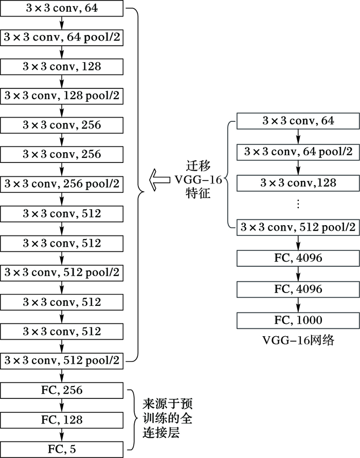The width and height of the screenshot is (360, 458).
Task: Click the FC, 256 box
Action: (x=62, y=391)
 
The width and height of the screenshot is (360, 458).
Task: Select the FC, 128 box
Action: (x=62, y=420)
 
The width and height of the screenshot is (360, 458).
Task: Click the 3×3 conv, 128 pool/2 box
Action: (x=62, y=96)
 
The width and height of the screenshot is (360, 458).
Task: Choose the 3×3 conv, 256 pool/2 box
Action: (x=62, y=184)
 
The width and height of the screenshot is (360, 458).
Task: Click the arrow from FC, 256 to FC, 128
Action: (x=62, y=406)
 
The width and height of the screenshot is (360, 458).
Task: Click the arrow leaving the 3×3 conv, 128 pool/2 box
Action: (x=62, y=110)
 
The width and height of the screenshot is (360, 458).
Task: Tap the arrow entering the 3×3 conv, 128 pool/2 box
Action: (x=62, y=81)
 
